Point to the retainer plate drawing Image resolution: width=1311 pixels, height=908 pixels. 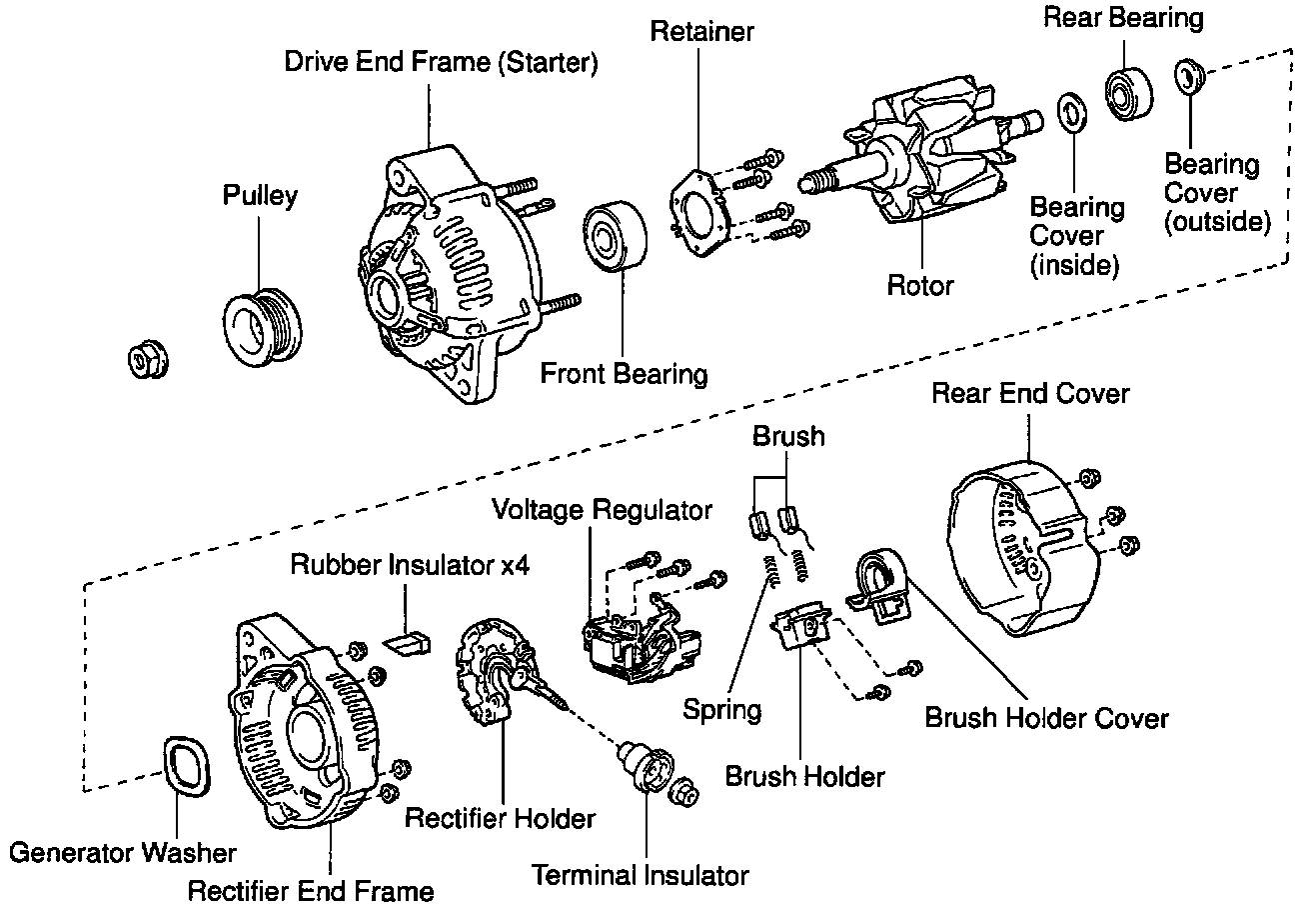pos(700,211)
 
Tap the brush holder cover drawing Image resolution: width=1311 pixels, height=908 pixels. pos(876,586)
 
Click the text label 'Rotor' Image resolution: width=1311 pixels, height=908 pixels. pos(920,286)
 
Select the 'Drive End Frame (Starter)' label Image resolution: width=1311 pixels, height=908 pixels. pos(441,63)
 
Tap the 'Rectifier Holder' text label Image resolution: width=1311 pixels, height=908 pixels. pos(500,818)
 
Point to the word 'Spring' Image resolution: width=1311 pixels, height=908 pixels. pos(722,710)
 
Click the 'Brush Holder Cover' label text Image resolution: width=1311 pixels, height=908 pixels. pos(1046,718)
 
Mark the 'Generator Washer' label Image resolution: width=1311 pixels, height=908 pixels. pos(123,853)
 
